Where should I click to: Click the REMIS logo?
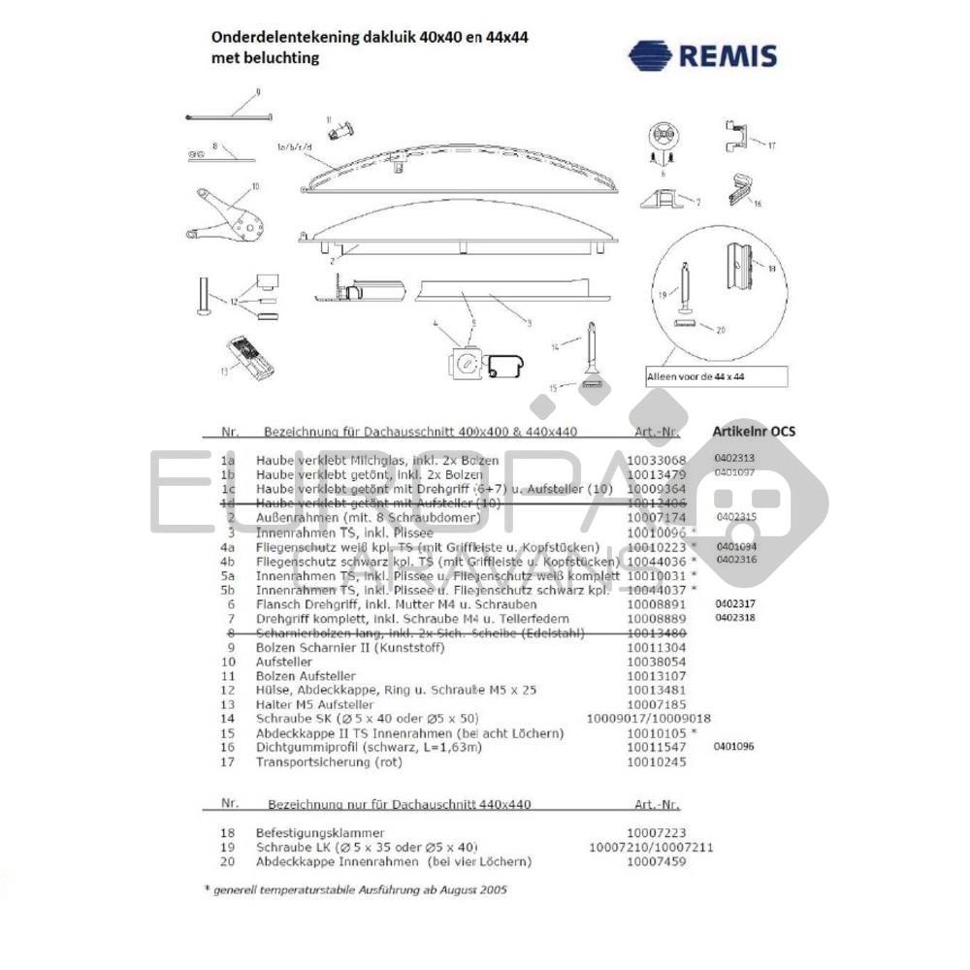(702, 54)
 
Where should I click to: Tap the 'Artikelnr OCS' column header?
(754, 431)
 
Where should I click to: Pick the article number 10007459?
(656, 861)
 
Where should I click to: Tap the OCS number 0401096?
(732, 746)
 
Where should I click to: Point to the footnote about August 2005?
(354, 889)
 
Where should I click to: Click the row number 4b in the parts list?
(229, 562)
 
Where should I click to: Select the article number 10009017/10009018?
(649, 719)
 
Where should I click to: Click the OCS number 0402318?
(733, 617)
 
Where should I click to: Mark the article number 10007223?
(656, 832)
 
